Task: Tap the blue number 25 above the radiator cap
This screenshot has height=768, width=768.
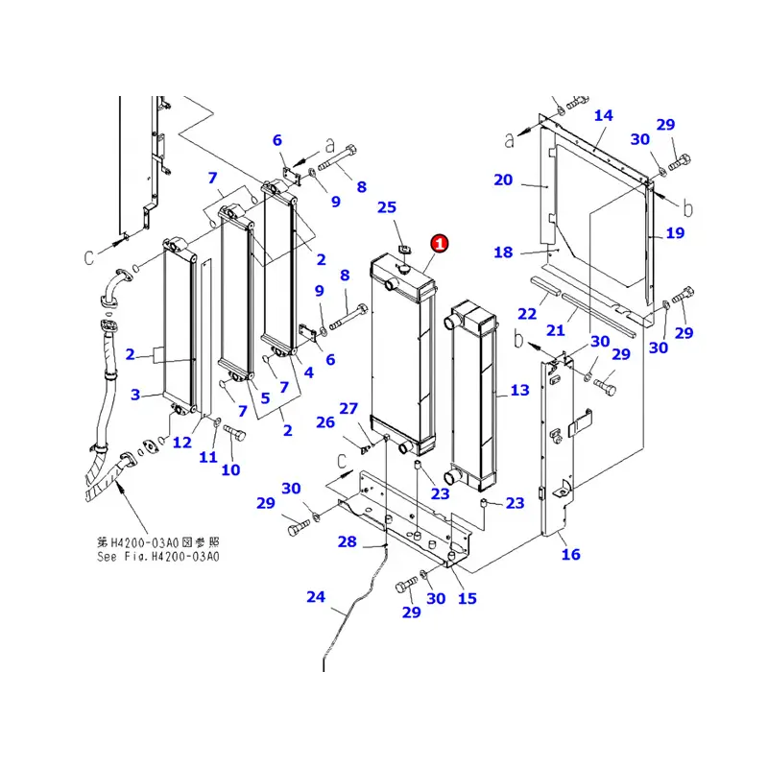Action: [x=386, y=207]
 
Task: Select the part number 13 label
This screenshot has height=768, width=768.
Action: [x=519, y=390]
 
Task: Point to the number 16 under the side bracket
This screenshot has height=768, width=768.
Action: [x=570, y=554]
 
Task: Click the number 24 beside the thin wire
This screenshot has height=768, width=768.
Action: [x=316, y=597]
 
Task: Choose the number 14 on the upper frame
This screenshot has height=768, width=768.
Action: [x=603, y=116]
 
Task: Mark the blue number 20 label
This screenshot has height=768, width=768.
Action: [x=504, y=180]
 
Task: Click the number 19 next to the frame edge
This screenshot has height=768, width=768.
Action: [x=674, y=232]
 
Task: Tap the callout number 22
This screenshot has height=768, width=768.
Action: [x=526, y=314]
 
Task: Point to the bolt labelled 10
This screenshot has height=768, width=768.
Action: [x=230, y=469]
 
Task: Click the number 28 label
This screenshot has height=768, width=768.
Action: [x=347, y=542]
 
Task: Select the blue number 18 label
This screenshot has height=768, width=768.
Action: [x=504, y=252]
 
